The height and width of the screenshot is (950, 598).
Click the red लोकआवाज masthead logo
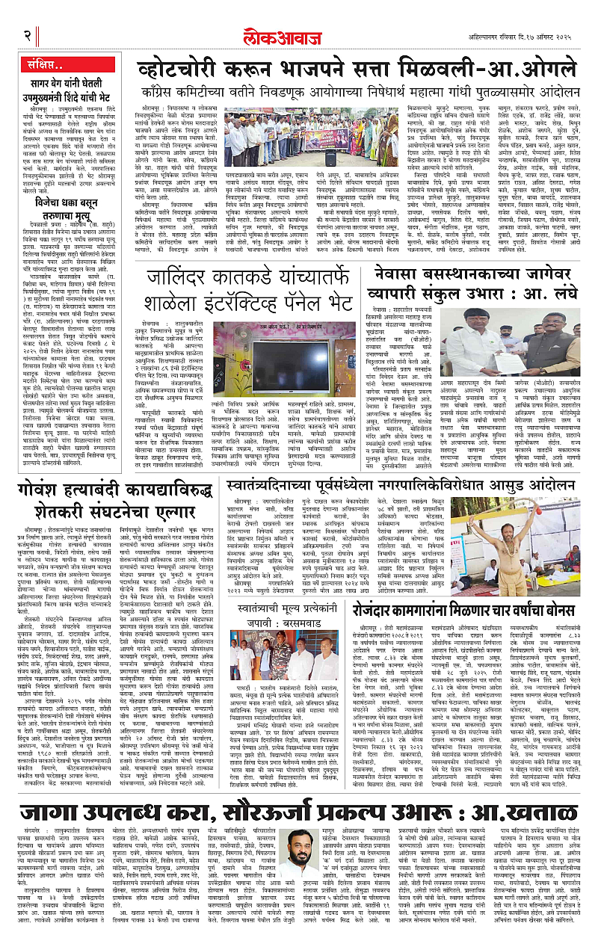pos(299,34)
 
